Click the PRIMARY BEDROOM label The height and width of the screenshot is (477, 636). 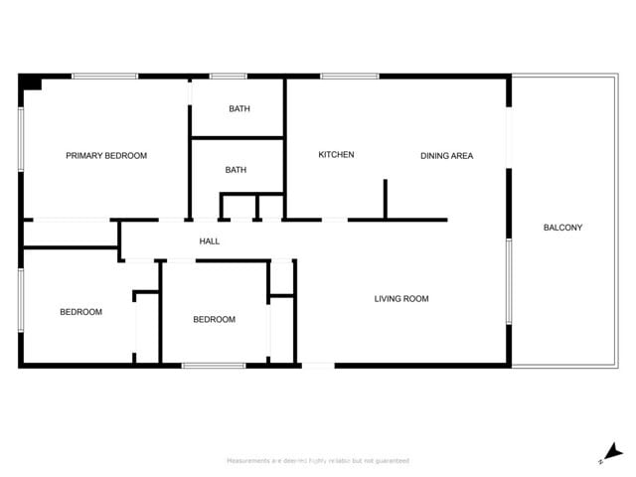[106, 156]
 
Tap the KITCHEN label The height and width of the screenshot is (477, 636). [336, 155]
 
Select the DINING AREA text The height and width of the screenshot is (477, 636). [446, 156]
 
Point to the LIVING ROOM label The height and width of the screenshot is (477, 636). [401, 298]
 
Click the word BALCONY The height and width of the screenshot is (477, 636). [562, 228]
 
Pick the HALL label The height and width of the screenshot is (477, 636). [209, 241]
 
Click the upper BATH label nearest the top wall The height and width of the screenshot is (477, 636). [238, 109]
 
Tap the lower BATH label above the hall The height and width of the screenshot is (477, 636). [236, 170]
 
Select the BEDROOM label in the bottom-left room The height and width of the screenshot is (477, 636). [80, 312]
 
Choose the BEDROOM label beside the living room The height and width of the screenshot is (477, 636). [214, 320]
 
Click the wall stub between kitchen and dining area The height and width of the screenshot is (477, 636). [386, 199]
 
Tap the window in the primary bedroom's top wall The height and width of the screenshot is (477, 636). [104, 76]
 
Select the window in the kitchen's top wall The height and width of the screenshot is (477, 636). [349, 76]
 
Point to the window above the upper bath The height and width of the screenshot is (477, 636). [228, 76]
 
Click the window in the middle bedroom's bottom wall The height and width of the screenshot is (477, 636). [214, 366]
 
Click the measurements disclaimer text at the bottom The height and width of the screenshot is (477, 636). [318, 461]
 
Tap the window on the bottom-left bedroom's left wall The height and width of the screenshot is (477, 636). [21, 299]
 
